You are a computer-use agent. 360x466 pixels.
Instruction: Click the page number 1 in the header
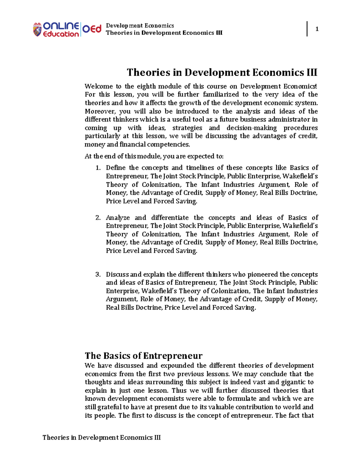point(317,29)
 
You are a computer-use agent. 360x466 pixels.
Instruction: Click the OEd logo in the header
point(92,29)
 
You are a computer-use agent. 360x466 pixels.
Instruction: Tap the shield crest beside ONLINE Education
point(37,30)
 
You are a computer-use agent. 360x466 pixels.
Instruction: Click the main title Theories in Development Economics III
point(222,72)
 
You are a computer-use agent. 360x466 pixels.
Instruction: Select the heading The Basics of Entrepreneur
point(143,356)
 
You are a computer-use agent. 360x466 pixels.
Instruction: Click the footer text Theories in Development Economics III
point(101,437)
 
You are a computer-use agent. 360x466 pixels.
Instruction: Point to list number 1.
point(98,168)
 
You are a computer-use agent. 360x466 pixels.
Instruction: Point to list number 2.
point(98,218)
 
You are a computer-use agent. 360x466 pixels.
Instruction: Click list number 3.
point(98,275)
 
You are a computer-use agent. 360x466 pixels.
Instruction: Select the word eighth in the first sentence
point(146,86)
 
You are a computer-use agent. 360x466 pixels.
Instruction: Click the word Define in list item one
point(115,168)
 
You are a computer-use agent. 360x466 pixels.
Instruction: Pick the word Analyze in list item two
point(118,218)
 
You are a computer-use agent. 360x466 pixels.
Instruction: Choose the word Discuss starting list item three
point(117,275)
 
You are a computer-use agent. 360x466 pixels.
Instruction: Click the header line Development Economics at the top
point(140,26)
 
